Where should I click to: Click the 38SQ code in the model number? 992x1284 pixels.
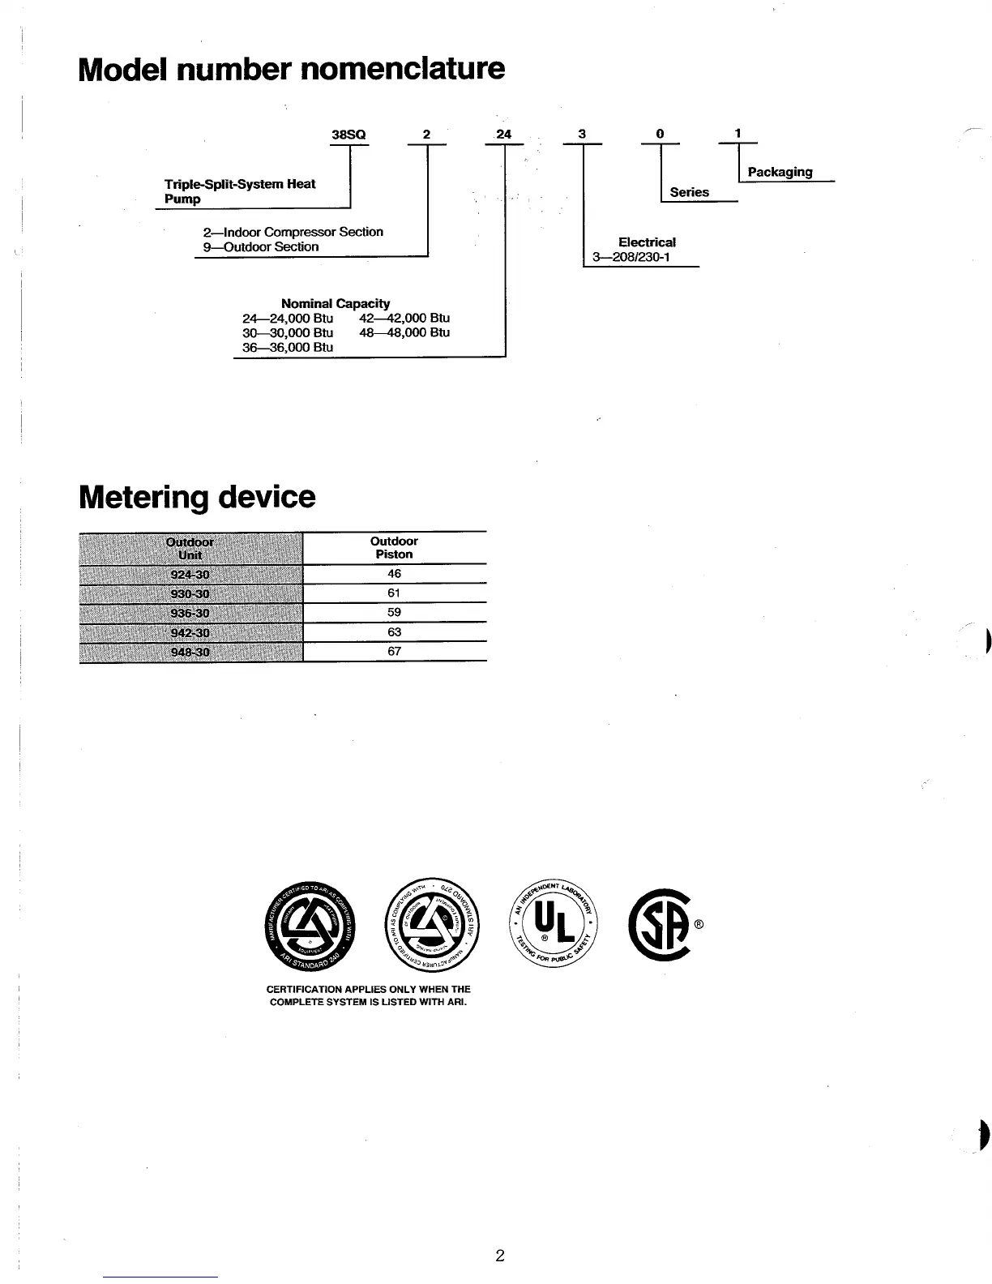pyautogui.click(x=349, y=135)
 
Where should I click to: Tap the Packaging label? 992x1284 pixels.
pyautogui.click(x=780, y=172)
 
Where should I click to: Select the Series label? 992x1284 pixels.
pyautogui.click(x=689, y=192)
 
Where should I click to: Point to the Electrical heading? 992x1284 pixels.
pyautogui.click(x=647, y=242)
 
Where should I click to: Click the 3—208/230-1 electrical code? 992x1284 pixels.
pyautogui.click(x=631, y=259)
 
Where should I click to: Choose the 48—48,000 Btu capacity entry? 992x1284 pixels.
pyautogui.click(x=404, y=332)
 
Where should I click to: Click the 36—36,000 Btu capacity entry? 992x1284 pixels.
pyautogui.click(x=288, y=347)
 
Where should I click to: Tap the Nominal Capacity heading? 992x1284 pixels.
pyautogui.click(x=335, y=303)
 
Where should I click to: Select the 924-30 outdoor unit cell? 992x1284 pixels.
pyautogui.click(x=190, y=575)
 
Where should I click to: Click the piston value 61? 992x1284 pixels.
pyautogui.click(x=394, y=593)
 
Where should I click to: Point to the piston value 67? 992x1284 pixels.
pyautogui.click(x=394, y=651)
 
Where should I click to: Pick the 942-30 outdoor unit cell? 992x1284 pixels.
pyautogui.click(x=190, y=632)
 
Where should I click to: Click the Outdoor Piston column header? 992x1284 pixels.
pyautogui.click(x=394, y=548)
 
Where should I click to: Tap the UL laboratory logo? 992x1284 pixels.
pyautogui.click(x=554, y=925)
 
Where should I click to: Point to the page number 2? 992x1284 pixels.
pyautogui.click(x=500, y=1256)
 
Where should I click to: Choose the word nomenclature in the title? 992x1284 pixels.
pyautogui.click(x=402, y=68)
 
